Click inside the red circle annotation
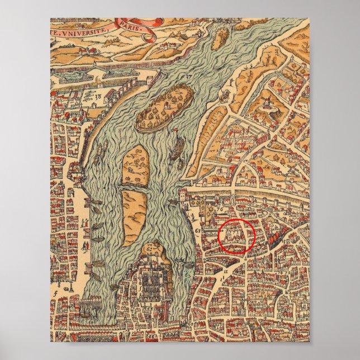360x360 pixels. (x=236, y=237)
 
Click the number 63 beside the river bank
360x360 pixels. (x=198, y=229)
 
